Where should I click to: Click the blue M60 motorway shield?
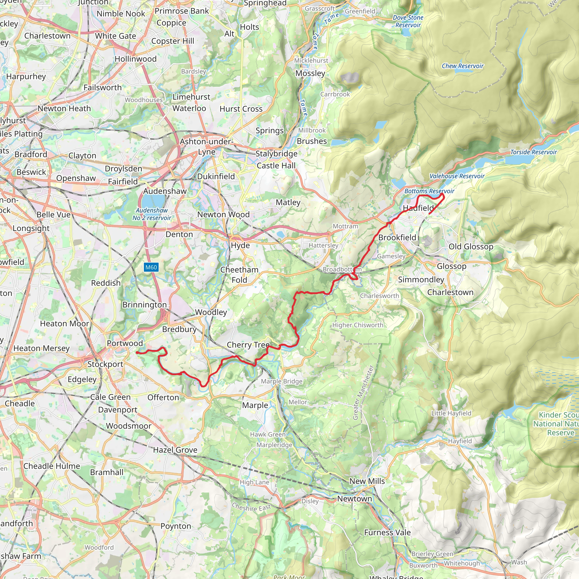coord(151,267)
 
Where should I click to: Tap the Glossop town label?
coord(451,266)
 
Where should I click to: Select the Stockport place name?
coord(105,364)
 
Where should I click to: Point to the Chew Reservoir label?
coord(463,66)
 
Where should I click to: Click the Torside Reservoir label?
coord(533,152)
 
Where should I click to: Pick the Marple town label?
coord(255,405)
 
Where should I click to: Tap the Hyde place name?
coord(240,245)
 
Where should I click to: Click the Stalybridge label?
coord(276,154)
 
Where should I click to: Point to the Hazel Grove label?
coord(175,450)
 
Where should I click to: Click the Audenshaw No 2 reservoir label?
coord(152,214)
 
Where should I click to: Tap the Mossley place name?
coord(310,74)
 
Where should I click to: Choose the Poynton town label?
coord(176,526)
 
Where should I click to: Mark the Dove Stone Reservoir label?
coord(408,21)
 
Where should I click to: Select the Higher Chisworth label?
coord(358,325)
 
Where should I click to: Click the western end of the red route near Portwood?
coord(137,353)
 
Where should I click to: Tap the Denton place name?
coord(179,234)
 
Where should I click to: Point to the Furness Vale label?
coord(387,533)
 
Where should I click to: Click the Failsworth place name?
coord(103,88)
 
